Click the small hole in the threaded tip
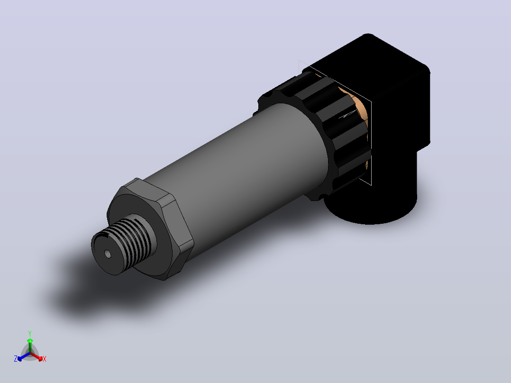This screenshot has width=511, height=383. tap(108, 254)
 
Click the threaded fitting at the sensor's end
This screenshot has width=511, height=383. tap(123, 245)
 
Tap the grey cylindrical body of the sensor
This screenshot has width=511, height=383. tap(238, 170)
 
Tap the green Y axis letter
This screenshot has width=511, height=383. tap(30, 334)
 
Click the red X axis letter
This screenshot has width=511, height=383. tap(45, 359)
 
